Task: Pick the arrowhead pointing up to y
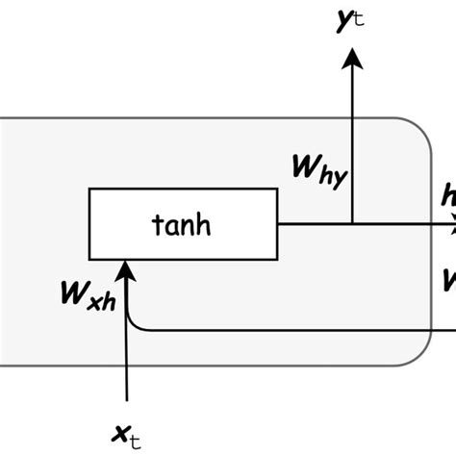(352, 59)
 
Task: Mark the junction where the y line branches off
(352, 224)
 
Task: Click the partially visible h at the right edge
(448, 197)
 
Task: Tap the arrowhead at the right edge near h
(450, 225)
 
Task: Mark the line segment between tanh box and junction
(314, 224)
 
